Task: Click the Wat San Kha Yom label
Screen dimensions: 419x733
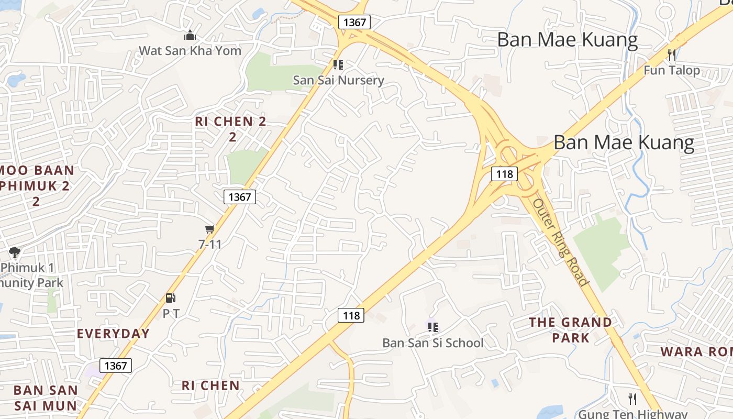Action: [190, 51]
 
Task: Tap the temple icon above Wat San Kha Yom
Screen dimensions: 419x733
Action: [190, 36]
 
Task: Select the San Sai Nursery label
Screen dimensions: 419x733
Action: [338, 80]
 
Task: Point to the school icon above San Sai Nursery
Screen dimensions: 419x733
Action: [338, 65]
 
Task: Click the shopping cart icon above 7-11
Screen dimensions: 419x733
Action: [210, 229]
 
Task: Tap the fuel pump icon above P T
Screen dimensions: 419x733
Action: [171, 298]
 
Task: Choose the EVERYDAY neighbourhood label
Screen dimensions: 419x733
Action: [113, 334]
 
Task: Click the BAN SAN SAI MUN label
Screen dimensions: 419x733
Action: [46, 398]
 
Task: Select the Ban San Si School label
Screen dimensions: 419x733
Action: [433, 343]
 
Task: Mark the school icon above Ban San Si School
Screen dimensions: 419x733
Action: [432, 327]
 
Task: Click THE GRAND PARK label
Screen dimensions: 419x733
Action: [570, 329]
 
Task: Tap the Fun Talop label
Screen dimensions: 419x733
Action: [672, 70]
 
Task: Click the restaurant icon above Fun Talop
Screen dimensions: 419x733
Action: [672, 54]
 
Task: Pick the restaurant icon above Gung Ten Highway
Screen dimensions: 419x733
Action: [632, 399]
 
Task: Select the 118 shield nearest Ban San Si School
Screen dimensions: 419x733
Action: [351, 315]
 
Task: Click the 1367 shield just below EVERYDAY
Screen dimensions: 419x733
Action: [116, 365]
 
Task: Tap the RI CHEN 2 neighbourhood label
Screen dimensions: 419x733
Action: [231, 128]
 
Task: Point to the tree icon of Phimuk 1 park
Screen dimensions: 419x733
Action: [15, 252]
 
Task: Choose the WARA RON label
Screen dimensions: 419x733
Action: [696, 351]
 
